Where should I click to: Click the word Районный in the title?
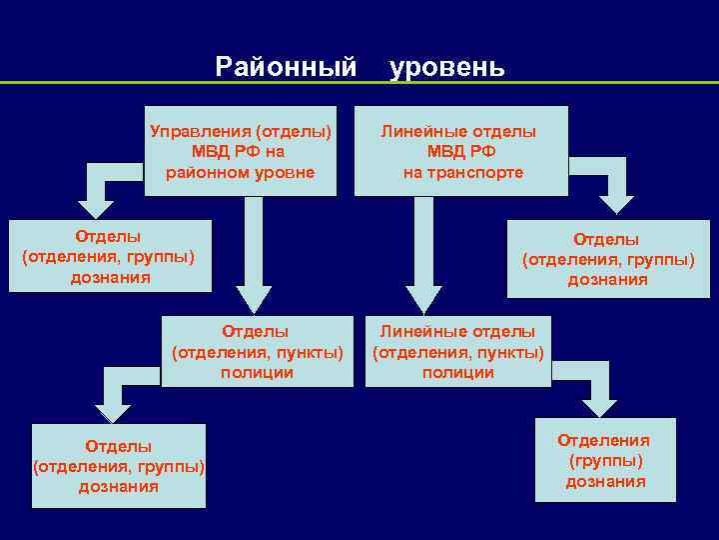pos(286,68)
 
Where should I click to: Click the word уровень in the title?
pos(447,68)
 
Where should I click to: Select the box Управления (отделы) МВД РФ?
pos(240,151)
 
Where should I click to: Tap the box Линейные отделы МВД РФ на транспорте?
pos(461,151)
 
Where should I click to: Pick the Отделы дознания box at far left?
pos(110,256)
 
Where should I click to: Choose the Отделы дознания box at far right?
pos(607,259)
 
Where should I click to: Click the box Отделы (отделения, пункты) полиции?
pos(257,351)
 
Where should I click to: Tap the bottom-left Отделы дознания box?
pos(118,465)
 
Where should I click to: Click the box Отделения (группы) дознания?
pos(604,460)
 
